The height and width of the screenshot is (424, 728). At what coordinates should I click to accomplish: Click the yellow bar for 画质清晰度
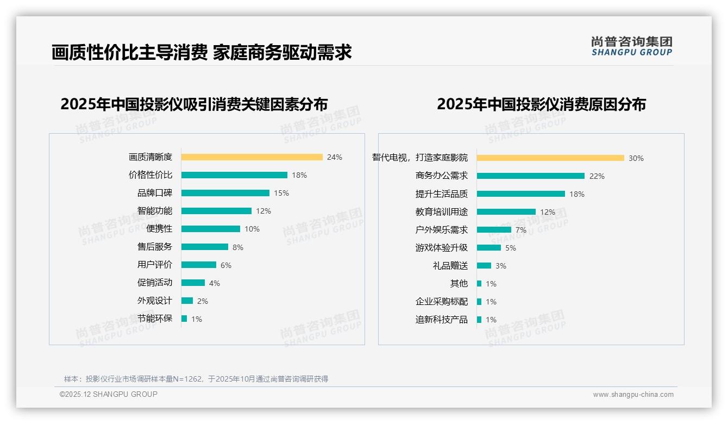[x=252, y=157]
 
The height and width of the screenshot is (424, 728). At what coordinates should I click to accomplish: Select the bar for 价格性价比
[x=234, y=175]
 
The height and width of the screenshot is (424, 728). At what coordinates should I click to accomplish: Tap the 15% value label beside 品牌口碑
[x=281, y=193]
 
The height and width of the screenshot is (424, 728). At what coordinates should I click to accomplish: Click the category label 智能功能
[x=154, y=210]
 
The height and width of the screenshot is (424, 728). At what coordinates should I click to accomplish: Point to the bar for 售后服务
[x=204, y=247]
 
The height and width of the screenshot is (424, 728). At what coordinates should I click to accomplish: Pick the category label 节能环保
[x=154, y=319]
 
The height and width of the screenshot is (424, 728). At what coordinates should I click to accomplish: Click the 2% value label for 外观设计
[x=202, y=301]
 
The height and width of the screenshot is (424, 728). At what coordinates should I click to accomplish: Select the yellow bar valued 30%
[x=550, y=158]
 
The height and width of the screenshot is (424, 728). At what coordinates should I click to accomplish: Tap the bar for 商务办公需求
[x=530, y=176]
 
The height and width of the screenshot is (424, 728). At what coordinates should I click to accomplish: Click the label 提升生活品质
[x=441, y=194]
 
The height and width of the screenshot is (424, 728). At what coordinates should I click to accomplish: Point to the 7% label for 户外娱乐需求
[x=521, y=230]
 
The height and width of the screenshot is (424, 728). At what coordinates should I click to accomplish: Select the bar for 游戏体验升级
[x=489, y=248]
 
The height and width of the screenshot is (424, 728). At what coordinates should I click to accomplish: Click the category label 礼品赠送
[x=450, y=266]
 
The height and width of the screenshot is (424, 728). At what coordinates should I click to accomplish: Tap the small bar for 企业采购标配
[x=479, y=302]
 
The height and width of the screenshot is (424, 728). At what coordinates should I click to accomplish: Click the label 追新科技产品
[x=441, y=320]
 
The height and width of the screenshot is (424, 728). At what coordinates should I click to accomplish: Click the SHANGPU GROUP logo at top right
[x=631, y=46]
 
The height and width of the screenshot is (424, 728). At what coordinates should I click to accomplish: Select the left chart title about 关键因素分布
[x=194, y=104]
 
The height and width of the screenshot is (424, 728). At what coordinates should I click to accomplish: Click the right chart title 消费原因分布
[x=541, y=104]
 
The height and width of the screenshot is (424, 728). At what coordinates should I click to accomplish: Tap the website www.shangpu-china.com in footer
[x=633, y=395]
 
